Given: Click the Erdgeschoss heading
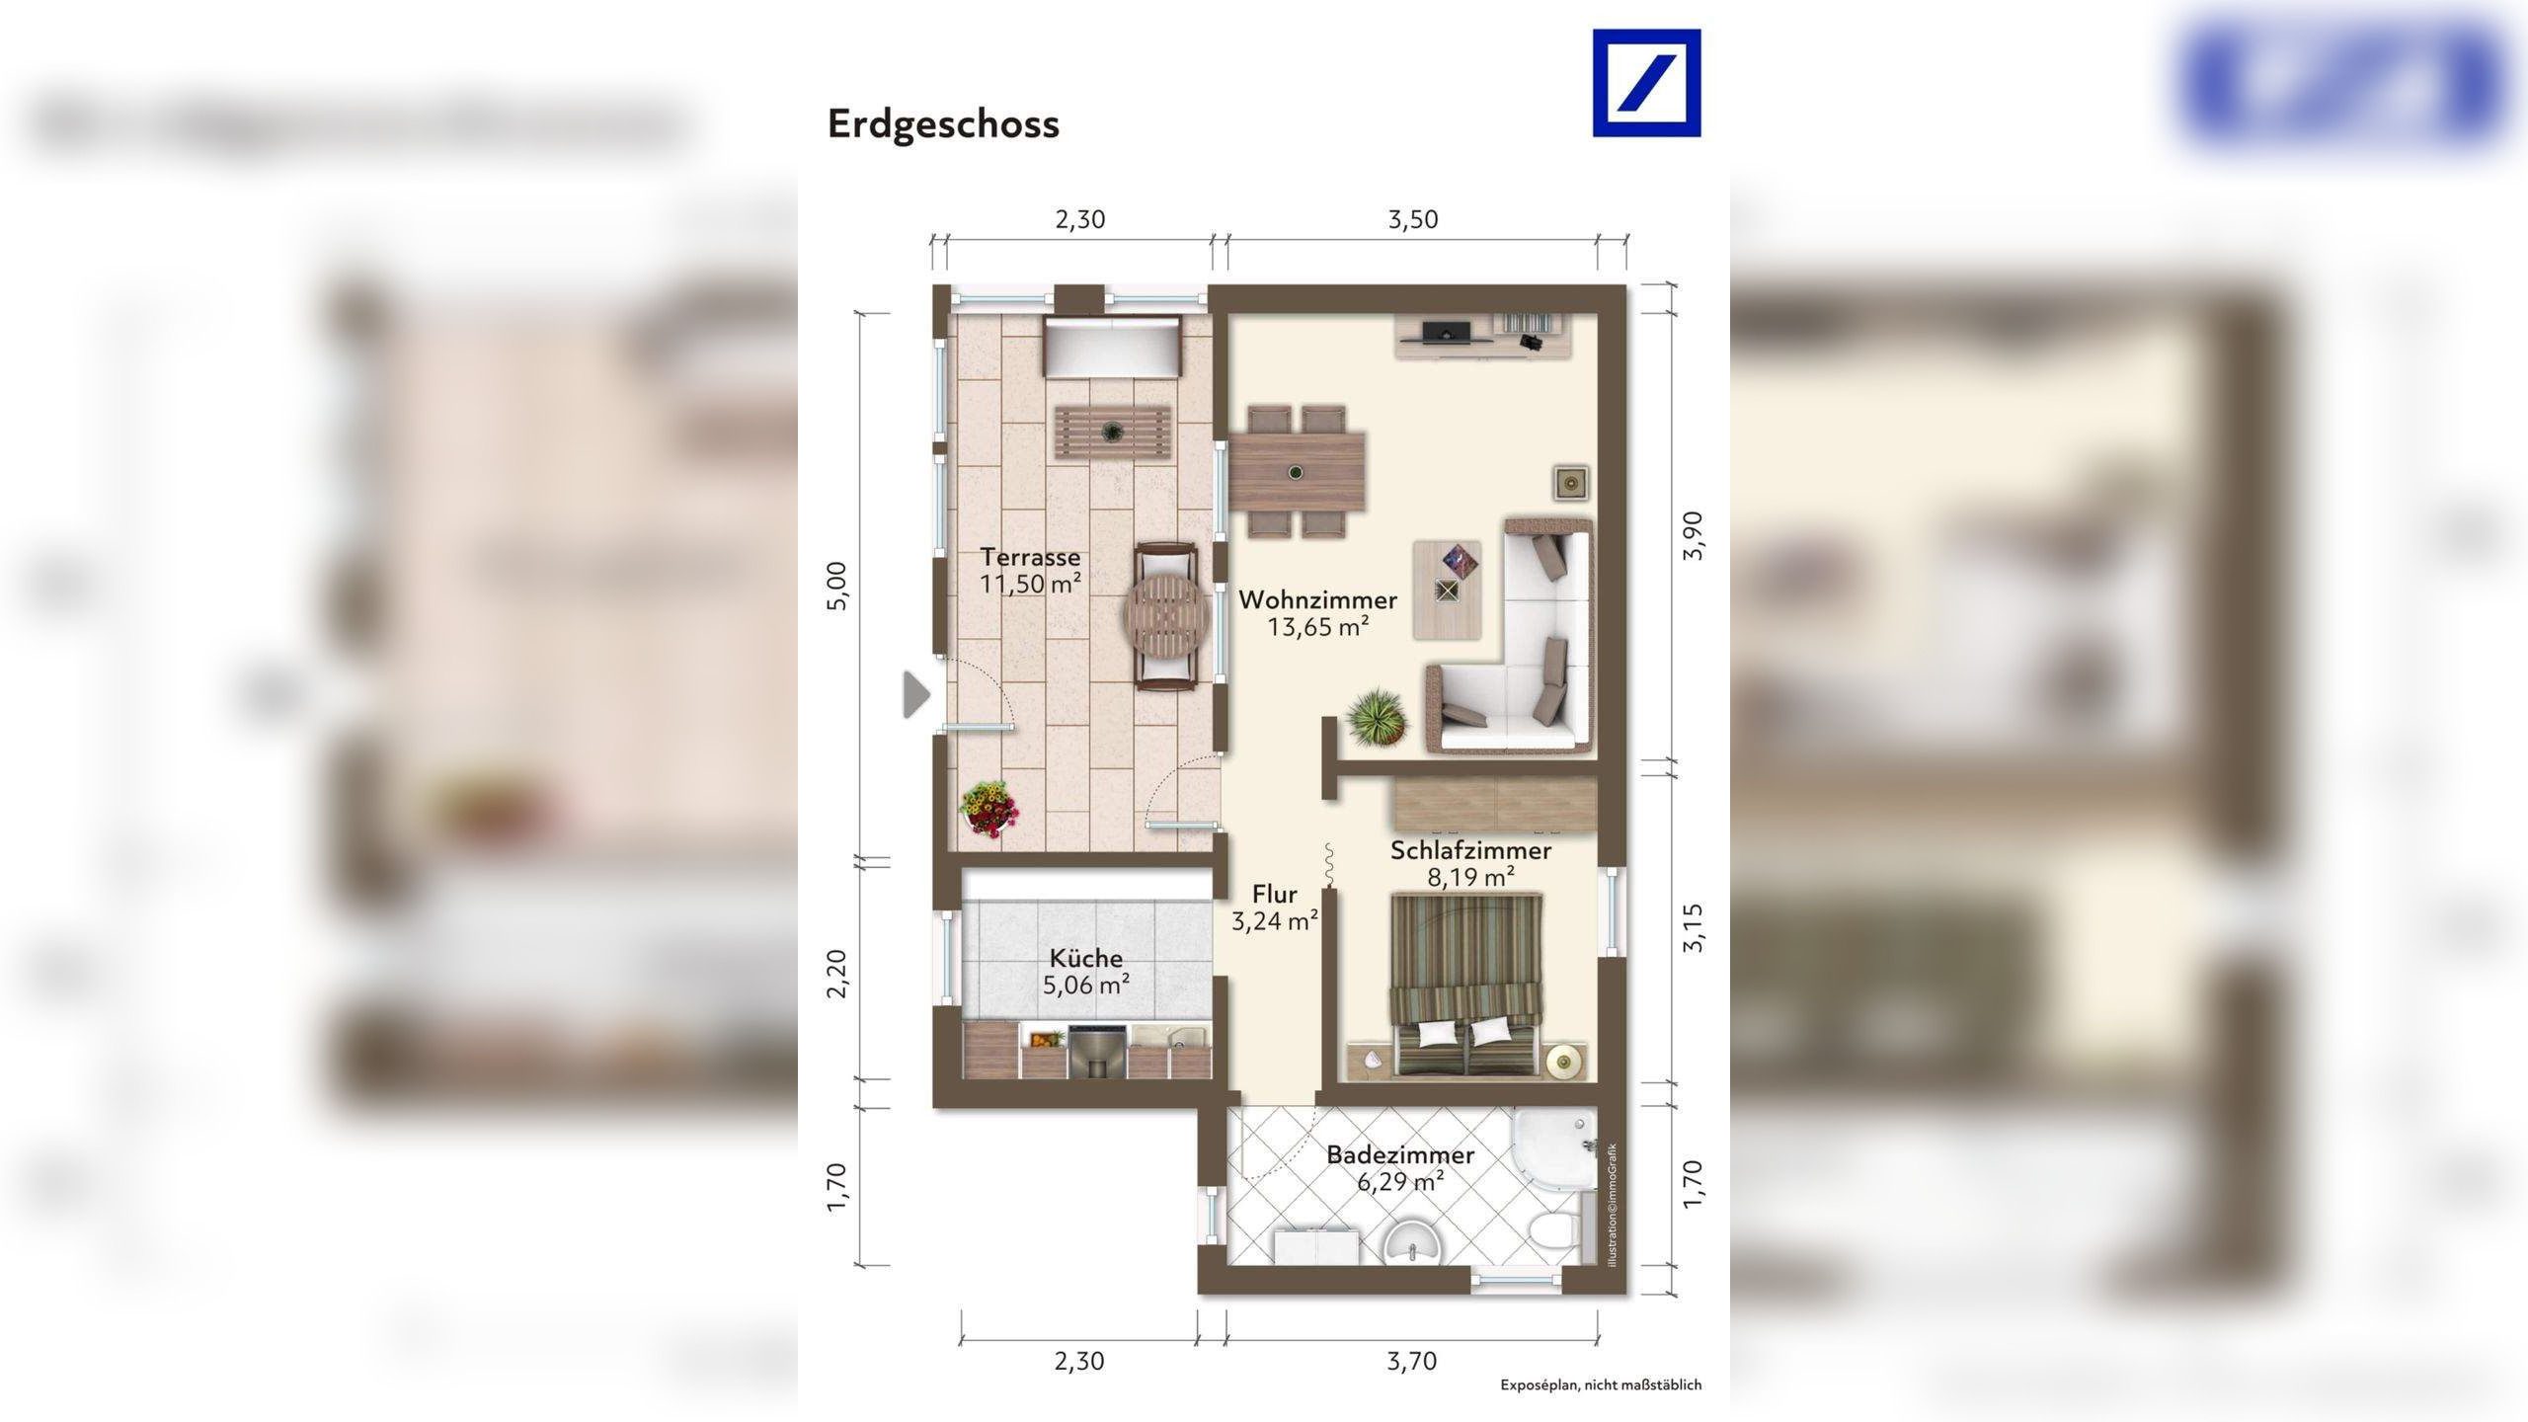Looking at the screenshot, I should [943, 124].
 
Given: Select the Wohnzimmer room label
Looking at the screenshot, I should [1317, 599].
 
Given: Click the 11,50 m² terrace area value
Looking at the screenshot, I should [1030, 584].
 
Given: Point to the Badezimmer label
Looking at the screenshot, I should [1399, 1154].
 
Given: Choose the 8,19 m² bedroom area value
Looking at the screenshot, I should [1470, 876].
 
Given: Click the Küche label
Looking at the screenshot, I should [1085, 958].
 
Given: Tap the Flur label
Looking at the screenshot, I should [1274, 895].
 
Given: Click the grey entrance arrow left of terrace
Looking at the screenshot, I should [916, 694].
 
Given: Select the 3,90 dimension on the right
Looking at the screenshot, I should [1693, 536].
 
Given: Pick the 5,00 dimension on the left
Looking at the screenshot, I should [836, 586].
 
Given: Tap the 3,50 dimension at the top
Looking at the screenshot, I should [1412, 219].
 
